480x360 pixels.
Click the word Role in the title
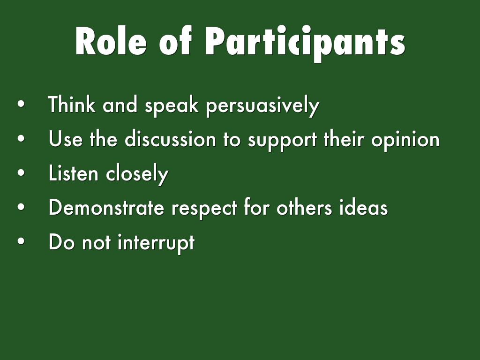point(111,41)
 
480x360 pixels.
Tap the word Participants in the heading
point(305,43)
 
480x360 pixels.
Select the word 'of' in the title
point(176,41)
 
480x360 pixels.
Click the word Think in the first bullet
point(72,104)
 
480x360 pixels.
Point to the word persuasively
point(262,106)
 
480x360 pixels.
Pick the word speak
point(172,106)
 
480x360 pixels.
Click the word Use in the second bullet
point(66,139)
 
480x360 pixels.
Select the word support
point(282,141)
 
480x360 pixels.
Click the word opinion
point(405,141)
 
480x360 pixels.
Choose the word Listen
point(73,173)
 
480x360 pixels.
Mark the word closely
point(137,174)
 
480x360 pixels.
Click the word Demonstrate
point(106,207)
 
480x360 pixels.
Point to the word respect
point(204,209)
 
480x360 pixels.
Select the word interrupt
point(156,243)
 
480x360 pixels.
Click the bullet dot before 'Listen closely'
point(21,172)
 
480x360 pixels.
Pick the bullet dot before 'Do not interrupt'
point(21,241)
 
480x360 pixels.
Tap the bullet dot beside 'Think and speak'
point(21,104)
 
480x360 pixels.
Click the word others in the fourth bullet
point(304,207)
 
